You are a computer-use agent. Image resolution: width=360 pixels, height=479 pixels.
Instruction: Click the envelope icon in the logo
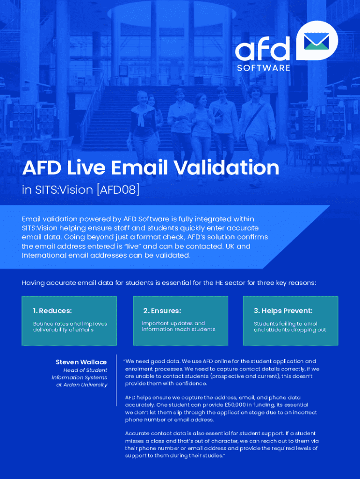(x=317, y=41)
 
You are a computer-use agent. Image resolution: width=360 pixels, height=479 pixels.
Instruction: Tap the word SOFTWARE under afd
(x=264, y=68)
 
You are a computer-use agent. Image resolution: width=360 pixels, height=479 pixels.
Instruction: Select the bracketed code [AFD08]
(x=118, y=190)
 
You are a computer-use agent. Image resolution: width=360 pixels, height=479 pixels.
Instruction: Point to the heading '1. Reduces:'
(x=52, y=311)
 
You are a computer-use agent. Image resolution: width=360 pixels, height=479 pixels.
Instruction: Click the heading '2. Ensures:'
(x=162, y=311)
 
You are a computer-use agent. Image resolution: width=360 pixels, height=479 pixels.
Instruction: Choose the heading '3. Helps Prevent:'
(x=283, y=311)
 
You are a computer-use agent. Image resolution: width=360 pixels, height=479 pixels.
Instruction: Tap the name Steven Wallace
(x=81, y=362)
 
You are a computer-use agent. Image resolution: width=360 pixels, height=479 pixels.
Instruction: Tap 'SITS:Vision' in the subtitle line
(x=64, y=190)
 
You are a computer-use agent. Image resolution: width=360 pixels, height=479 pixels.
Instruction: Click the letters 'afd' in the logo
(x=263, y=49)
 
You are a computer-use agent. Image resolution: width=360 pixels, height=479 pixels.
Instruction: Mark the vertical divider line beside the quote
(x=116, y=380)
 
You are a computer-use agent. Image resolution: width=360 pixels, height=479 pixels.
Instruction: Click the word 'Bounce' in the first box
(x=43, y=324)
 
